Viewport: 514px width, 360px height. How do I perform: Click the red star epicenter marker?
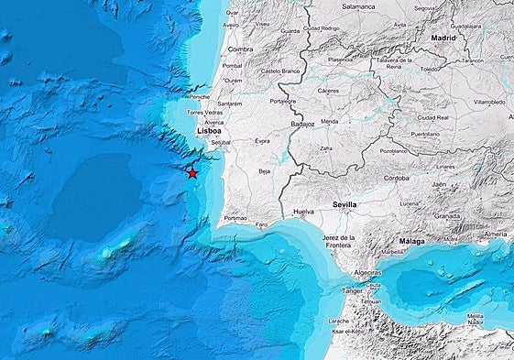pos(192,172)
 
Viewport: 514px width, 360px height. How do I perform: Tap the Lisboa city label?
pos(209,132)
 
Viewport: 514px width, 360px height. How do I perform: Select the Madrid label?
pos(443,38)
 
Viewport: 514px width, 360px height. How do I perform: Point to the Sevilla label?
pos(344,205)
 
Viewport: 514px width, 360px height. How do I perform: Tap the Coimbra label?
pos(240,49)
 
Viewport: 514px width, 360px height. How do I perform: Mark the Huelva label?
pos(302,212)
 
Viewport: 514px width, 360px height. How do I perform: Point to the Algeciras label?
pos(367,273)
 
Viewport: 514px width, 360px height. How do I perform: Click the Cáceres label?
pos(327,92)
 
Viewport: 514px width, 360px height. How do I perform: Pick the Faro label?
pos(261,224)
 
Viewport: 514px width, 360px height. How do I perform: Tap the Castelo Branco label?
pos(281,71)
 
